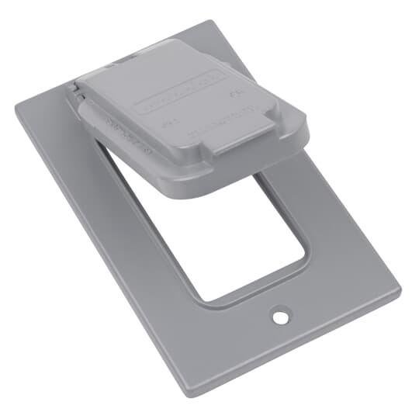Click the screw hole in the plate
pyautogui.click(x=277, y=317)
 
